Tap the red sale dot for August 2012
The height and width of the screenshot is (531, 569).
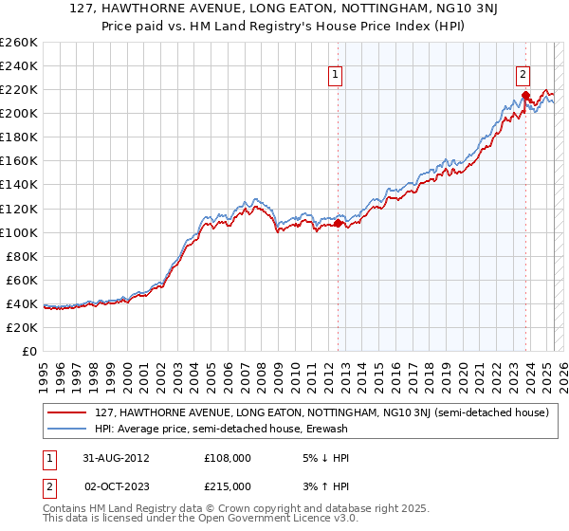338,223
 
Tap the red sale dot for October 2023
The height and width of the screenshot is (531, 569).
524,95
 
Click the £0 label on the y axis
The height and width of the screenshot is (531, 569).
29,351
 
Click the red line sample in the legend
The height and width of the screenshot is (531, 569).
67,412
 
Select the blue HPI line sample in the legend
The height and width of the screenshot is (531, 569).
67,429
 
